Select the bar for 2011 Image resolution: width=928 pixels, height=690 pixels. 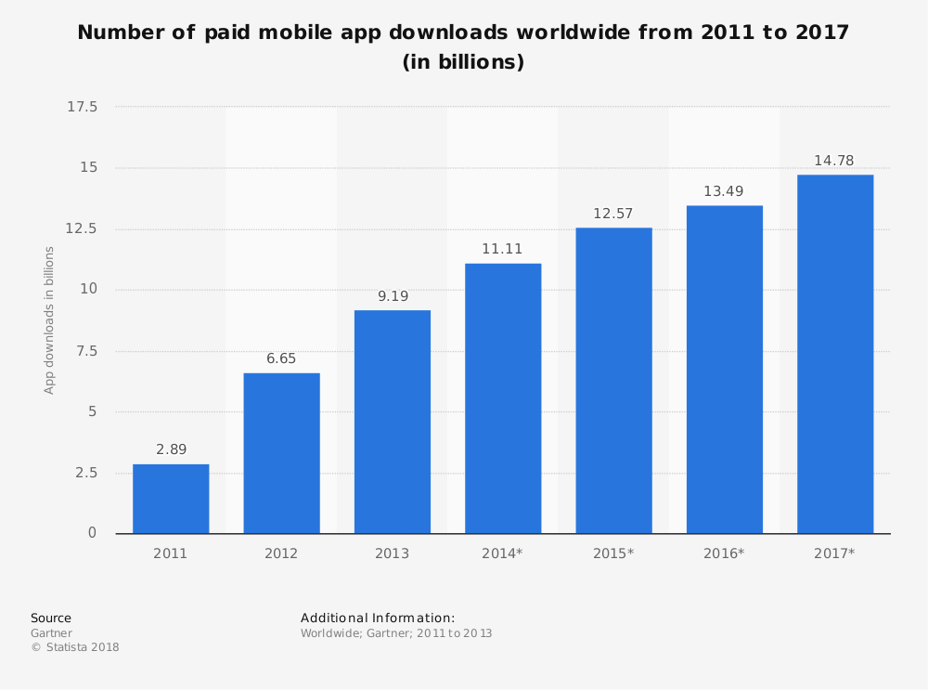click(x=171, y=499)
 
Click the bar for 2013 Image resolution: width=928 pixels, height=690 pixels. click(x=393, y=422)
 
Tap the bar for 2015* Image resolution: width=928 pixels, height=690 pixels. click(x=613, y=381)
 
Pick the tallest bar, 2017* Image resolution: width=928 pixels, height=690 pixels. click(x=835, y=354)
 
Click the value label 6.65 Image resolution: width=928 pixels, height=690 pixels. click(x=281, y=358)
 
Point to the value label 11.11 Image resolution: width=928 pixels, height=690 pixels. click(x=503, y=249)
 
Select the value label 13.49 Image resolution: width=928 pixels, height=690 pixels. click(x=724, y=191)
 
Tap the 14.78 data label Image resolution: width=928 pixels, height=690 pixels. click(x=834, y=161)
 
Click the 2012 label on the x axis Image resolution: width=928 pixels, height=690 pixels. click(x=281, y=553)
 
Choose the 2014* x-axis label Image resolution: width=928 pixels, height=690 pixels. click(x=502, y=553)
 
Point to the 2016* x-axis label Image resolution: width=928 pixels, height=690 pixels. click(x=724, y=553)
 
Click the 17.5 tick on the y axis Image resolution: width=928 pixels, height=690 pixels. click(x=83, y=108)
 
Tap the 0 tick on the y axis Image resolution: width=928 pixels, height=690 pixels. click(x=92, y=533)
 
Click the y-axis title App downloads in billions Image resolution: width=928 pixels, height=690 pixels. click(x=50, y=320)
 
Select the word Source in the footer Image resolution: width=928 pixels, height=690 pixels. click(x=51, y=618)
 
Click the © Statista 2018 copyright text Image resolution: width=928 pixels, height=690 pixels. click(x=75, y=647)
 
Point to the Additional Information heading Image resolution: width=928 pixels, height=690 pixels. click(x=378, y=618)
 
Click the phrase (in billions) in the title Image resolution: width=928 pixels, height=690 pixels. click(x=463, y=62)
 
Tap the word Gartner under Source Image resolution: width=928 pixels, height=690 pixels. click(x=51, y=633)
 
